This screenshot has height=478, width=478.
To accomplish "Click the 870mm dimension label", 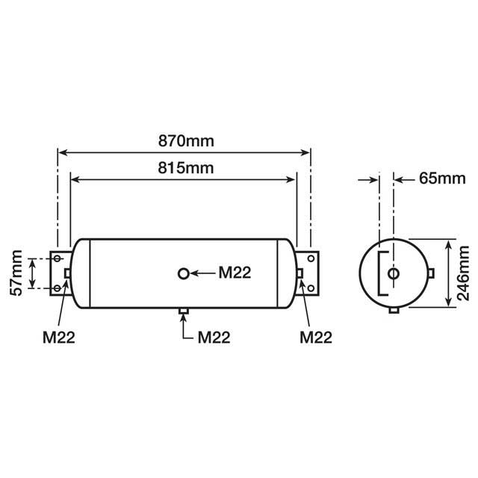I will (183, 140).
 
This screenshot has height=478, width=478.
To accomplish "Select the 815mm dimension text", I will (183, 167).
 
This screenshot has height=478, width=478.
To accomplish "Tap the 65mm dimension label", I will (435, 179).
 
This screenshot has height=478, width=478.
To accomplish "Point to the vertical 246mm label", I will (464, 274).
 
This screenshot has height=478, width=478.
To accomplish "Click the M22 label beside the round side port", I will (235, 273).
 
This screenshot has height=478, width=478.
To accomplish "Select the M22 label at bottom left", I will (58, 336).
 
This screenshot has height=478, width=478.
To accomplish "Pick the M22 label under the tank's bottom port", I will (214, 336).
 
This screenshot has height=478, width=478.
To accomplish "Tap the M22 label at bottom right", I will (315, 336).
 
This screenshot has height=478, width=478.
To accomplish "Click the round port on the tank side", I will (184, 273).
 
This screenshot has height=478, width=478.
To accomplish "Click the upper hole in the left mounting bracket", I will (58, 258).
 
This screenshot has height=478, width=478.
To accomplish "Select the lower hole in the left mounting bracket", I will (58, 288).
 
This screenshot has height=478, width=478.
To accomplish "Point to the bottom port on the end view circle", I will (394, 310).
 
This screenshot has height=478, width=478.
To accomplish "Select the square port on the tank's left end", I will (68, 273).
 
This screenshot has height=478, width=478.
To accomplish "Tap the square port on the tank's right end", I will (300, 273).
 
